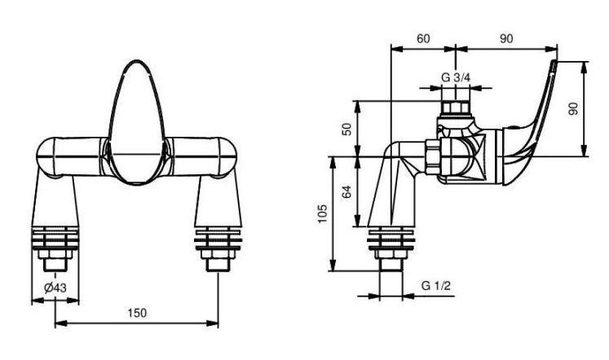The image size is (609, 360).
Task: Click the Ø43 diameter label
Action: tap(55, 288)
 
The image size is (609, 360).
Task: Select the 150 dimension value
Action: tap(137, 313)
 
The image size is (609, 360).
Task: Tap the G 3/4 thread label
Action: tap(456, 77)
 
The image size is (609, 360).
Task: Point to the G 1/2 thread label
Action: tap(436, 286)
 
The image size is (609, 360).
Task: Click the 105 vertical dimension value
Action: tap(323, 213)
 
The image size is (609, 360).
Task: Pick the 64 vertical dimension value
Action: tap(346, 191)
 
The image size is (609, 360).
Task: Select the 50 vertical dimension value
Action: tap(346, 129)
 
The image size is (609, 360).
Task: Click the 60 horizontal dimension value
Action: tap(423, 39)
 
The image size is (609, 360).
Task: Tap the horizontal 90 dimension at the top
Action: tap(506, 39)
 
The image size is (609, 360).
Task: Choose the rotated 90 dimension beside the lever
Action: tap(573, 108)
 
